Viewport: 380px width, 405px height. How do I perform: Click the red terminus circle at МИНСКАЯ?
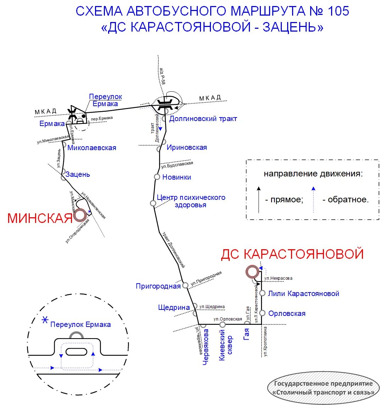pos(80,215)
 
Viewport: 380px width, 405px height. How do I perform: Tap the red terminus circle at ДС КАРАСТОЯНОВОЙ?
pos(252,272)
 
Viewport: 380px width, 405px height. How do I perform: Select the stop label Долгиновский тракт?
pos(203,119)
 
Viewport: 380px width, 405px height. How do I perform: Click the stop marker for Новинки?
pos(157,177)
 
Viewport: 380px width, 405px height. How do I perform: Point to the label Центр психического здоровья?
pos(191,201)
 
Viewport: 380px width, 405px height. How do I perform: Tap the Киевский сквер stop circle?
pos(222,324)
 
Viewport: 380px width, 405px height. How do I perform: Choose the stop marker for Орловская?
pos(262,313)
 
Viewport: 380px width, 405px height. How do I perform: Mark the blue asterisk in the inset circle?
pos(45,320)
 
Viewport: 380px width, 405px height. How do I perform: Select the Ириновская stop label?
pos(187,147)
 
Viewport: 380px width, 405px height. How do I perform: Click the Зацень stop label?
pos(78,174)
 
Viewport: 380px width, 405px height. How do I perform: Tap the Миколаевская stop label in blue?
pos(91,148)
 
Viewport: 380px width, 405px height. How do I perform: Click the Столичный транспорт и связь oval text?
pos(324,392)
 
